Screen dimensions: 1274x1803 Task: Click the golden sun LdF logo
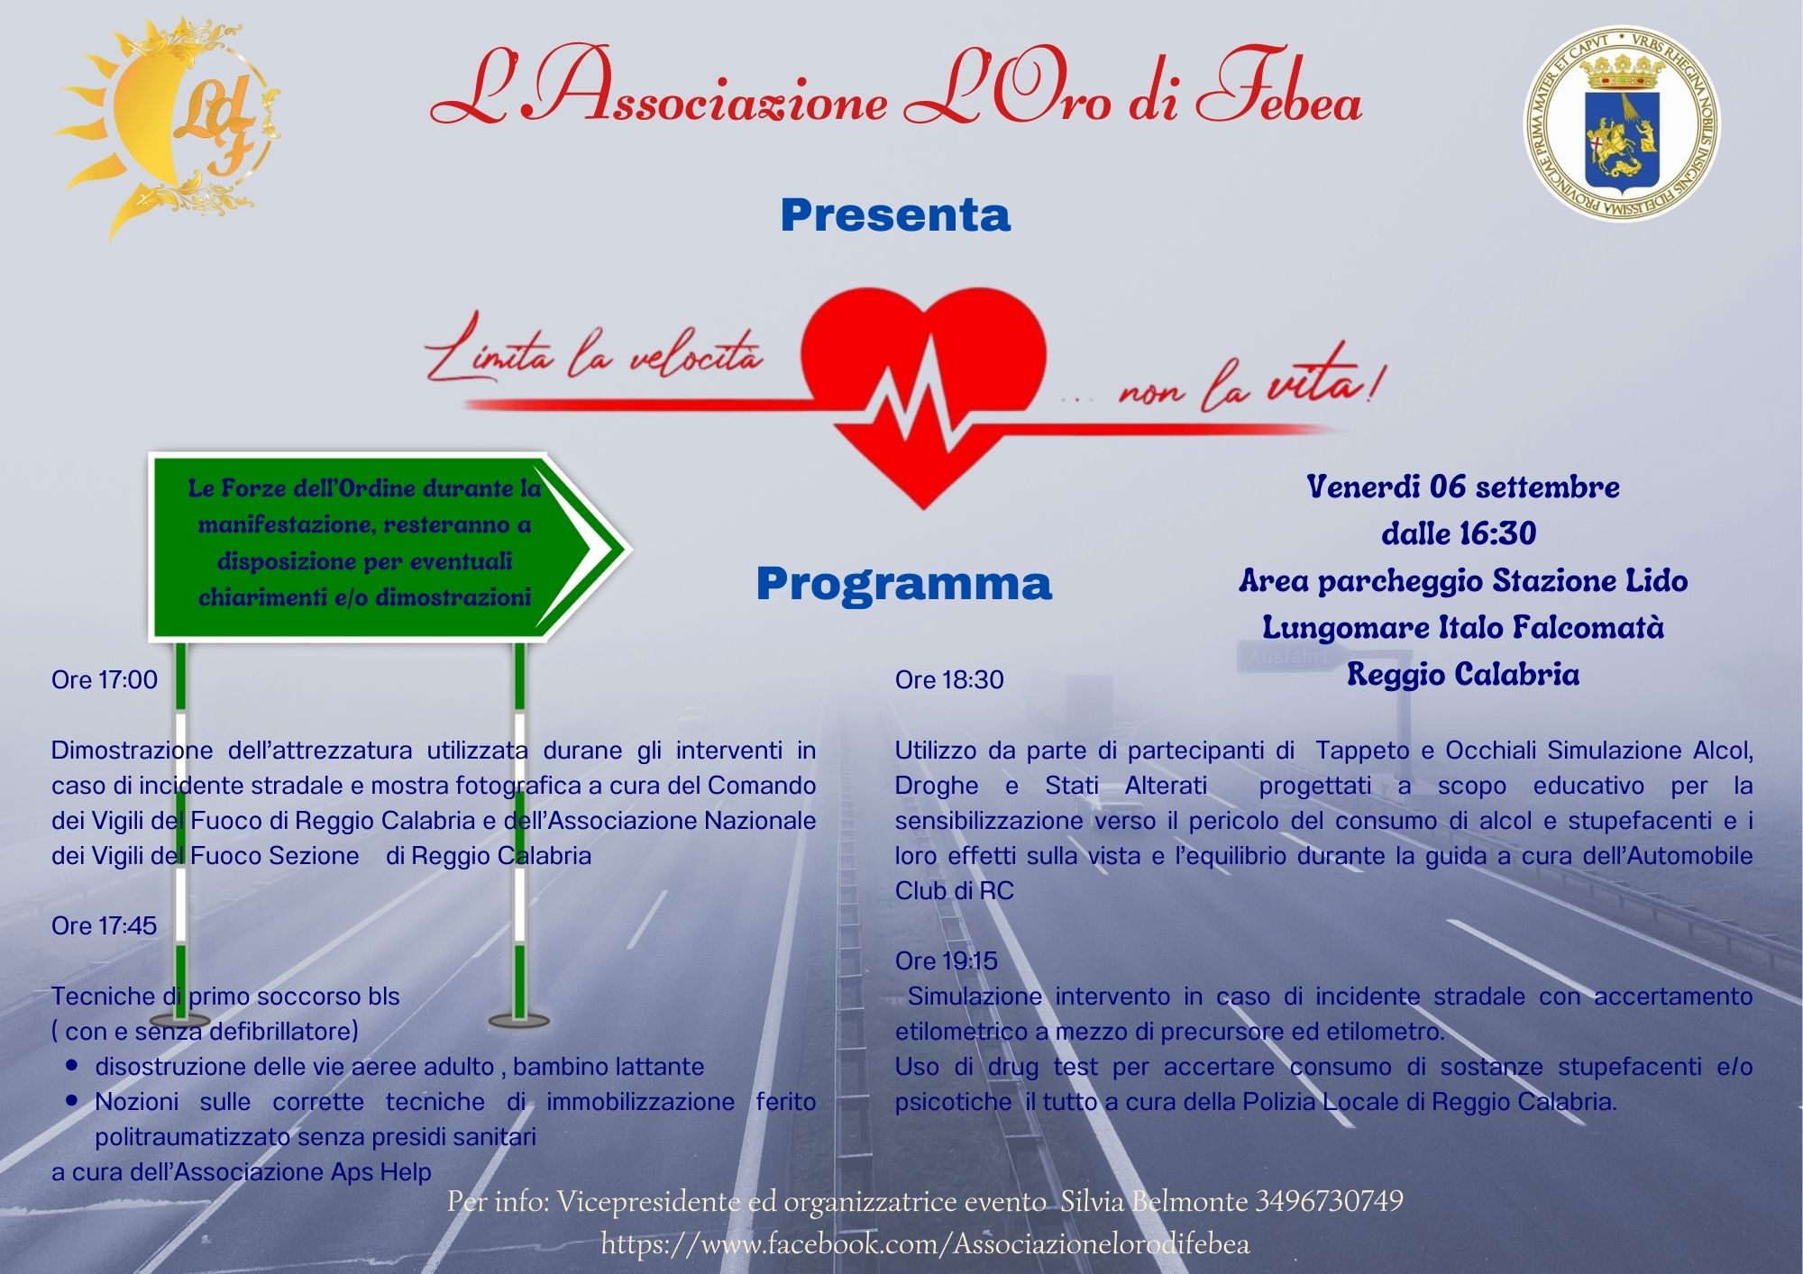tap(167, 126)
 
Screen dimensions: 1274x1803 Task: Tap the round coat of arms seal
tap(1621, 123)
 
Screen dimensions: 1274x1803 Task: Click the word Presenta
tap(895, 215)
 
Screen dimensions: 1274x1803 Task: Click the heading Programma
tap(903, 584)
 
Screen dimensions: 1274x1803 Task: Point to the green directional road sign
tap(379, 546)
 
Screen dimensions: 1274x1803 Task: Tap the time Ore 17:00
tap(105, 679)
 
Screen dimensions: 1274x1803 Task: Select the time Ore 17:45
tap(105, 925)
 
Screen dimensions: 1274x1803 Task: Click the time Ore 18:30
tap(949, 679)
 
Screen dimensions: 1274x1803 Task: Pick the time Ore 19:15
tap(947, 960)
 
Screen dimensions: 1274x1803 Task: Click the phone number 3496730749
tap(1329, 1201)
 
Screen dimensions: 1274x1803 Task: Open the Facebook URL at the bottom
tap(925, 1244)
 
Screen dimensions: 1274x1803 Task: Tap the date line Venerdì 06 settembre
tap(1462, 487)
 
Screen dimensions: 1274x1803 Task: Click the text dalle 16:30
tap(1459, 533)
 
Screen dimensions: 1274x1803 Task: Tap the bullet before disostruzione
tap(72, 1066)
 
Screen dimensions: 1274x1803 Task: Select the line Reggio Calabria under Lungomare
tap(1462, 674)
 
